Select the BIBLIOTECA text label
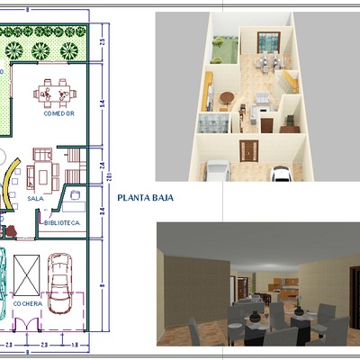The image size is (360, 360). (64, 221)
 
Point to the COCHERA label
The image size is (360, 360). (27, 303)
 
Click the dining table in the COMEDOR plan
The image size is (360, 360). (50, 92)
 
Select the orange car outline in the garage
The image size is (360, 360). (60, 281)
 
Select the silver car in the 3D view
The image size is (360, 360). (217, 170)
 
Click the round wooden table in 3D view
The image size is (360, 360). (226, 96)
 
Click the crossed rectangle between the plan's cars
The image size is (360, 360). (29, 271)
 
